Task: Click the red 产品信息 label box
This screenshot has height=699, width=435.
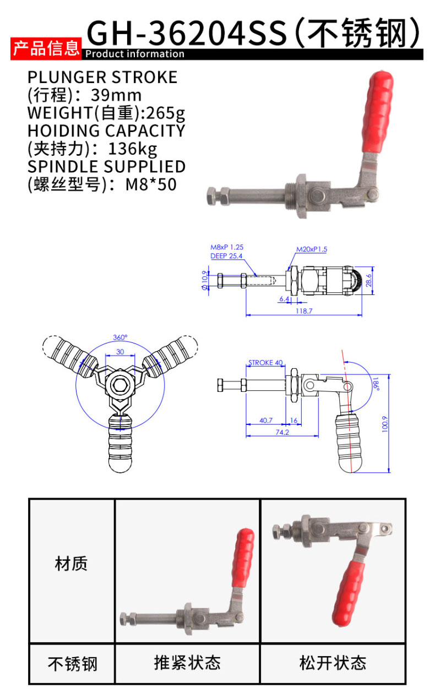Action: pyautogui.click(x=46, y=48)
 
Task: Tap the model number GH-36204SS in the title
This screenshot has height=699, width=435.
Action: pyautogui.click(x=187, y=33)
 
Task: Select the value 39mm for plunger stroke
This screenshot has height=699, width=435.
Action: pyautogui.click(x=116, y=95)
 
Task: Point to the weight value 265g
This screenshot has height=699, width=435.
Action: pyautogui.click(x=166, y=113)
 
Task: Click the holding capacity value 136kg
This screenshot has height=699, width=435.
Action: pyautogui.click(x=132, y=149)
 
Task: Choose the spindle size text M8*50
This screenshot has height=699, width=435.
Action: pyautogui.click(x=151, y=184)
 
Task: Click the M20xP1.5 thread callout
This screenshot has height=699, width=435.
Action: pyautogui.click(x=312, y=249)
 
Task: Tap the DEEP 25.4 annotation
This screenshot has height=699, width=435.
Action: pyautogui.click(x=226, y=256)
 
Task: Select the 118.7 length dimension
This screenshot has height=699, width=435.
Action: pyautogui.click(x=304, y=311)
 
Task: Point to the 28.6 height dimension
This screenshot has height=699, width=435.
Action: pyautogui.click(x=369, y=280)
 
